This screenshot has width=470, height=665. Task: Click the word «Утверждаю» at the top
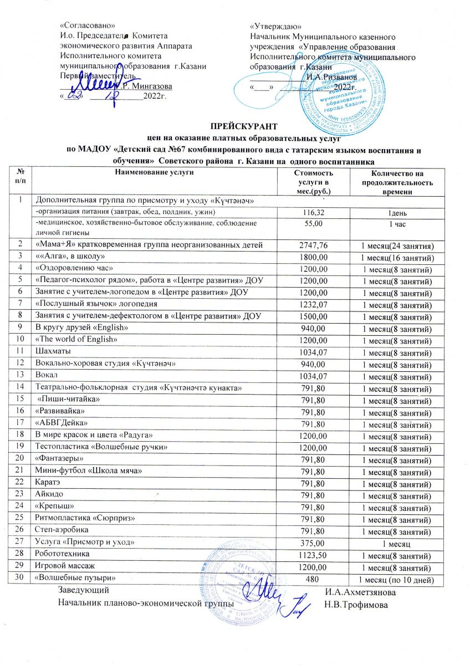point(276,26)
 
